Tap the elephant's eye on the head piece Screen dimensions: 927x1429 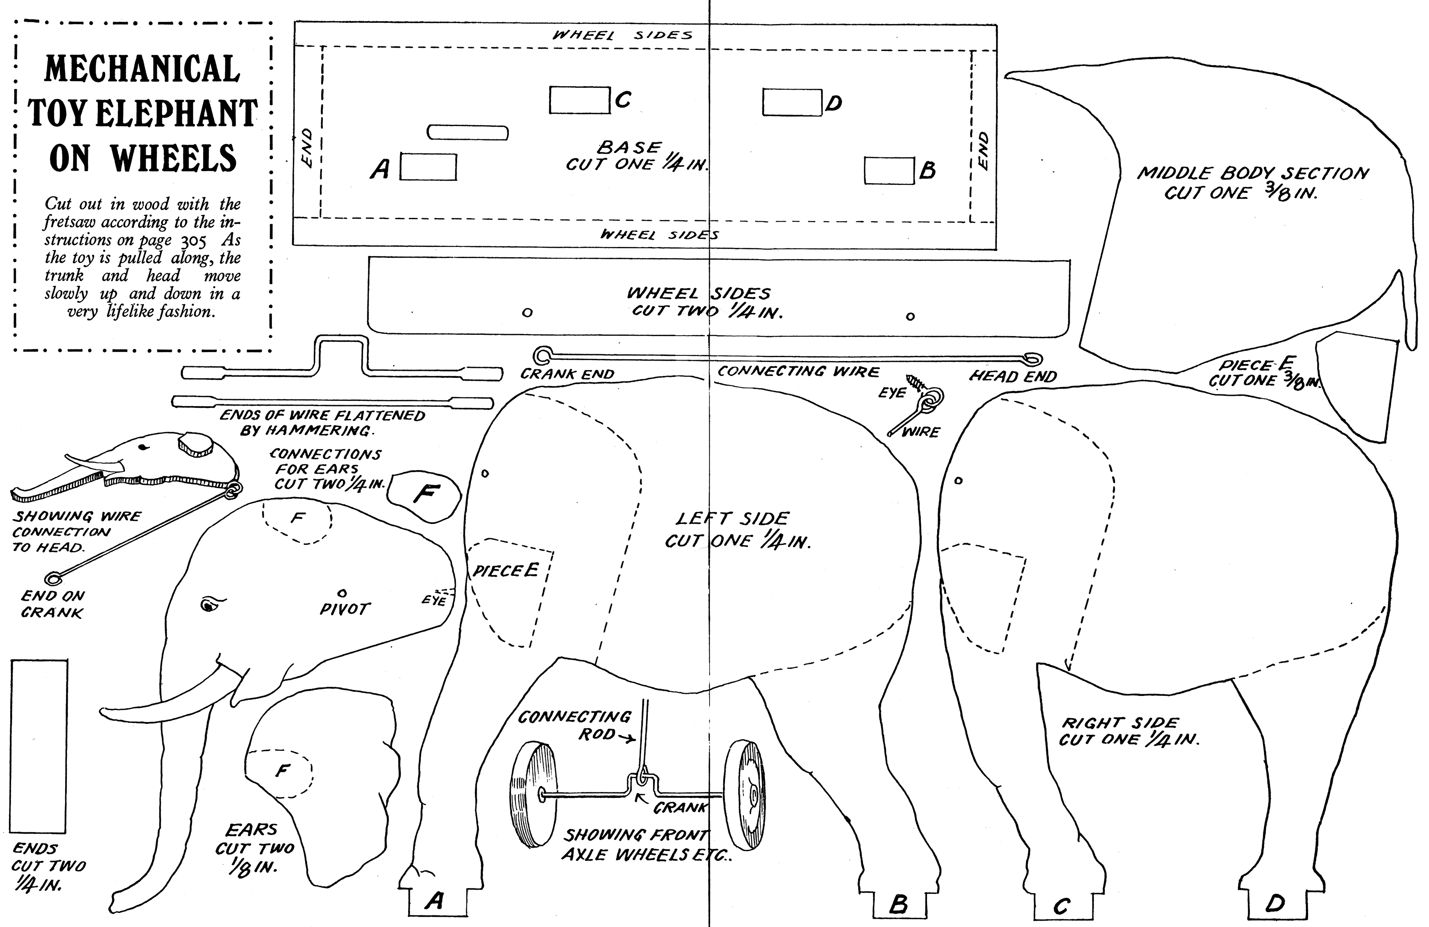[x=208, y=605]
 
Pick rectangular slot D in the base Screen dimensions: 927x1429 [x=792, y=102]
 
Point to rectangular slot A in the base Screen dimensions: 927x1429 [x=428, y=167]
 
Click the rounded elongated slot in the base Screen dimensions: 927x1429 [x=468, y=132]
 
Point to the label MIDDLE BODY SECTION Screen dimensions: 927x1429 [x=1252, y=174]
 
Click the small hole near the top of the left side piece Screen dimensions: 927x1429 [x=485, y=474]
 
